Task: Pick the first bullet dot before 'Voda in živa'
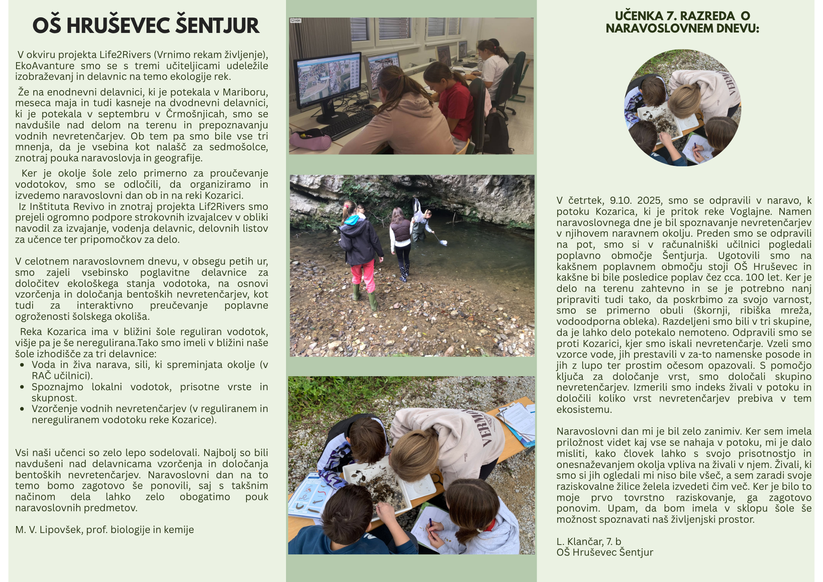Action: pos(22,365)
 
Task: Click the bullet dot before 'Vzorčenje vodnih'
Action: pos(22,409)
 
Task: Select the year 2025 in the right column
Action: pos(650,200)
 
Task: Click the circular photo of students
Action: pos(683,108)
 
